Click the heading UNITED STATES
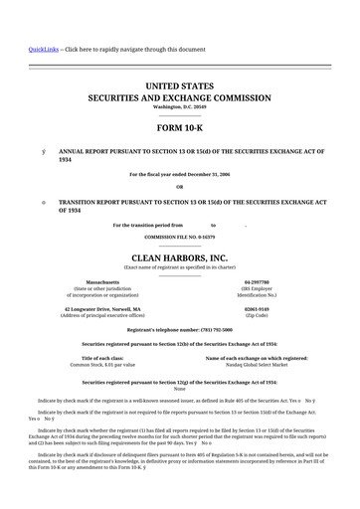(179, 87)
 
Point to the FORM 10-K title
(179, 129)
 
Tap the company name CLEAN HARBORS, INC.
(179, 257)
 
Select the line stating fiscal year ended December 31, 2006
(179, 174)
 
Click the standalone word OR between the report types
(179, 187)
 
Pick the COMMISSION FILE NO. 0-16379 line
(179, 238)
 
